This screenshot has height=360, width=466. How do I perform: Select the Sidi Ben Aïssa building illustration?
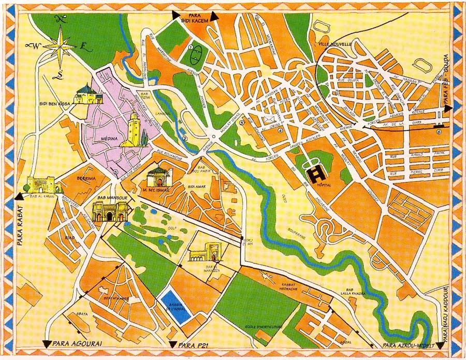click(x=84, y=95)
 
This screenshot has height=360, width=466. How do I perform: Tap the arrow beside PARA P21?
click(x=172, y=344)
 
